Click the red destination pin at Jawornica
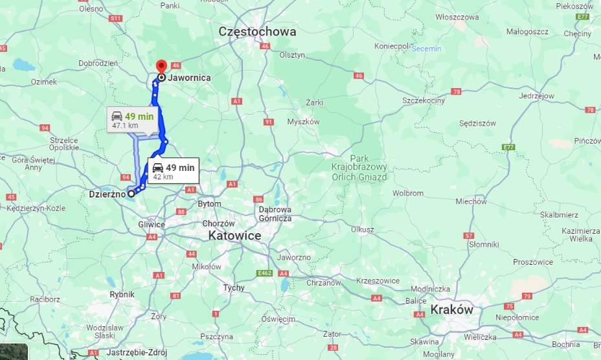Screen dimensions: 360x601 160,65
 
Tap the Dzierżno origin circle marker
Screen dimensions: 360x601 131,193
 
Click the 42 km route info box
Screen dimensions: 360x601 172,171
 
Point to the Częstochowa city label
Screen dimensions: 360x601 257,31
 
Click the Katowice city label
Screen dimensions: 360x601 234,236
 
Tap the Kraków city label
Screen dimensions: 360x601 452,309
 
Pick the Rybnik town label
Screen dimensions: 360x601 122,294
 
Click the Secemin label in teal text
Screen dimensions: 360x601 426,49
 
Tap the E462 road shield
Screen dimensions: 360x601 264,274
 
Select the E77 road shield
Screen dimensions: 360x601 508,148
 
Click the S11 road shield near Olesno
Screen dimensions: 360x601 116,19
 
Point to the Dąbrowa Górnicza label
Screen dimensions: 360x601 275,214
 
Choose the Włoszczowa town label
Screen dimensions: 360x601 457,17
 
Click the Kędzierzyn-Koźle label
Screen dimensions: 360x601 36,208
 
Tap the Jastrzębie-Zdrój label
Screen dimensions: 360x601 137,352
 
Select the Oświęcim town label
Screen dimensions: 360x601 278,319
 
